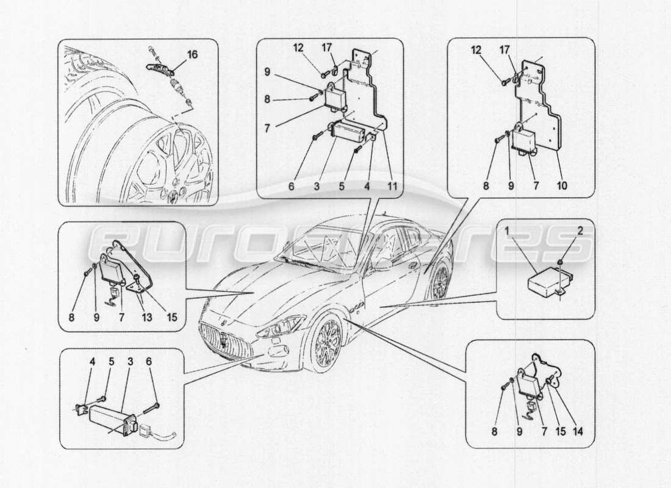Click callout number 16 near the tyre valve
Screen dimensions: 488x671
point(192,55)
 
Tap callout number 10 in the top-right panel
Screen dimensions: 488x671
point(562,185)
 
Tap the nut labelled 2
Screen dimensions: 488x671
point(560,264)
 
